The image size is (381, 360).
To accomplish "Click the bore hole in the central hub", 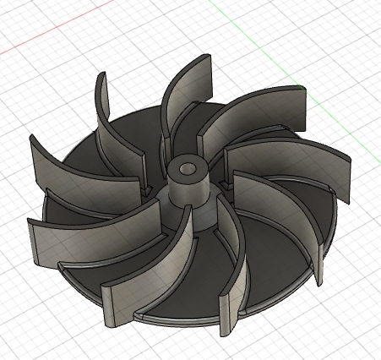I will [188, 168].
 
